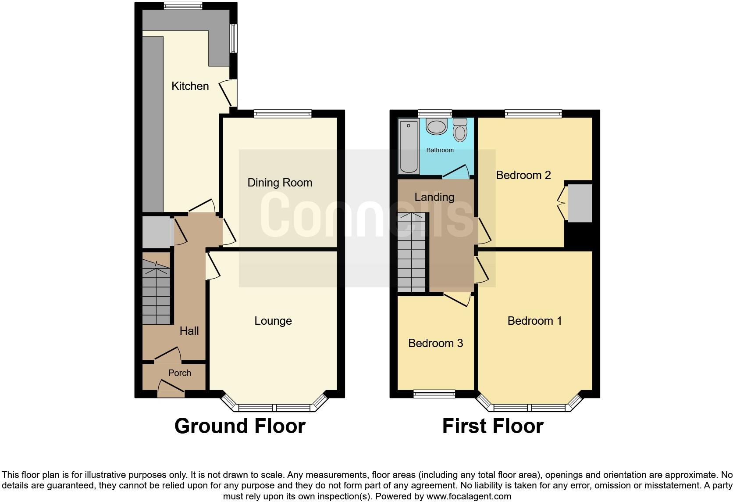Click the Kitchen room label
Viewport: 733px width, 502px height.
pyautogui.click(x=190, y=86)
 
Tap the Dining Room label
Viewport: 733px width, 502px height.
pyautogui.click(x=280, y=183)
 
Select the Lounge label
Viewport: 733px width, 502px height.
pyautogui.click(x=273, y=321)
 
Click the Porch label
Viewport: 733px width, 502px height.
pyautogui.click(x=180, y=373)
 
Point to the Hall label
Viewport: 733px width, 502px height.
pyautogui.click(x=189, y=331)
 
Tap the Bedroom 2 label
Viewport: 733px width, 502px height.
pyautogui.click(x=523, y=175)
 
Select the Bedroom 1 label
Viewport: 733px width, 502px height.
pyautogui.click(x=534, y=321)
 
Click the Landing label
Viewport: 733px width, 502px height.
pyautogui.click(x=434, y=197)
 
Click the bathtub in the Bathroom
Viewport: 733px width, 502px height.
pyautogui.click(x=409, y=146)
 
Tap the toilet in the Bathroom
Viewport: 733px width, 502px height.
pyautogui.click(x=460, y=129)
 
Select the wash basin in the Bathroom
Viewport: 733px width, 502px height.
pyautogui.click(x=437, y=127)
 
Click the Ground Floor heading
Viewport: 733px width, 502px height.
pyautogui.click(x=240, y=426)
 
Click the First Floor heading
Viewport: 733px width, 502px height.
pyautogui.click(x=493, y=426)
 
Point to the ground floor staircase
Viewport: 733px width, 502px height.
pyautogui.click(x=156, y=292)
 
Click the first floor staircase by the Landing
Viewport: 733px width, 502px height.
pyautogui.click(x=412, y=252)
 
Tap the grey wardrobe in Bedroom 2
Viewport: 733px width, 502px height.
pyautogui.click(x=580, y=203)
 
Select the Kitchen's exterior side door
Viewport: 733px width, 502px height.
pyautogui.click(x=229, y=93)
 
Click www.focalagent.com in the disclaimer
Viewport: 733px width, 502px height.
pyautogui.click(x=468, y=497)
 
